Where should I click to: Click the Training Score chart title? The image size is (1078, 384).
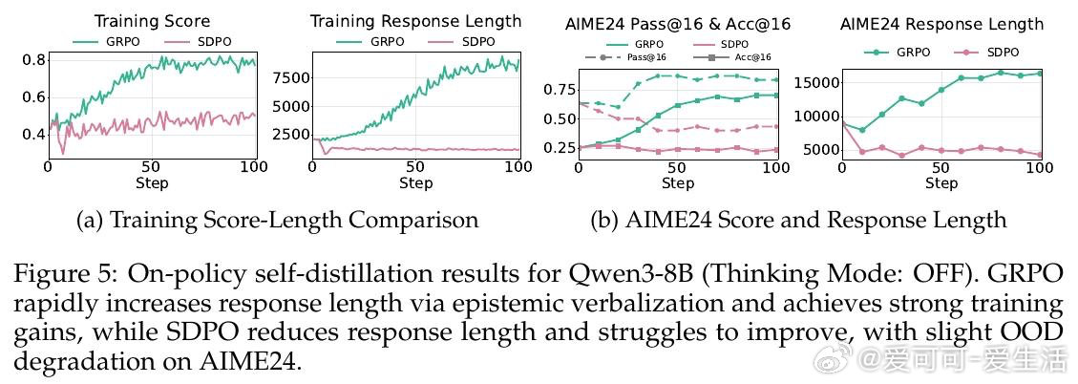tap(152, 21)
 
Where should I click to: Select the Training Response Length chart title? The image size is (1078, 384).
tap(415, 21)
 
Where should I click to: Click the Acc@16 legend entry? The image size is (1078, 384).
tap(740, 57)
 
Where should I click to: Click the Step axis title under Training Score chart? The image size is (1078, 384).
tap(152, 182)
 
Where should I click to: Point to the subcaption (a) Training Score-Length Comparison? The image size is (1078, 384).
tap(277, 221)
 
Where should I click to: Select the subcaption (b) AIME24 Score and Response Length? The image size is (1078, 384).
tap(798, 221)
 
